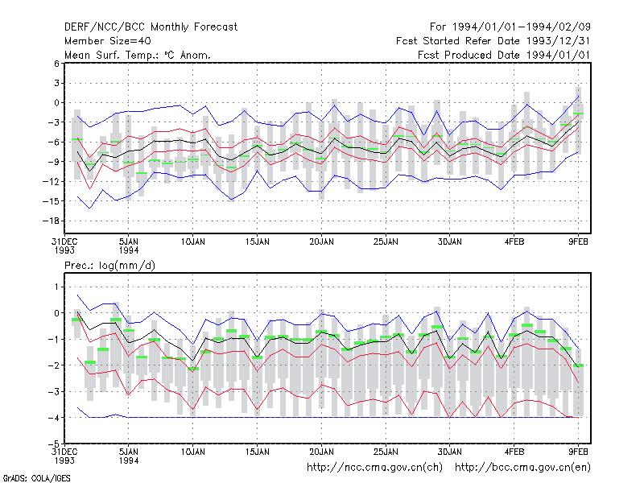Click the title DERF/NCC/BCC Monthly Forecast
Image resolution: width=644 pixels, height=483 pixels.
[x=151, y=27]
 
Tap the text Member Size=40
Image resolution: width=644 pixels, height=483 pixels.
[x=108, y=41]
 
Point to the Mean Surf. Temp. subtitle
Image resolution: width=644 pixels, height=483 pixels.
[x=138, y=55]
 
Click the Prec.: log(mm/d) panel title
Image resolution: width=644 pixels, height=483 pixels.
[x=109, y=266]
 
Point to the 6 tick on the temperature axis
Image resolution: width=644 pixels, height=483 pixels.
[x=56, y=64]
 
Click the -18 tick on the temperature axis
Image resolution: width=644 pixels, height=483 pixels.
[x=52, y=221]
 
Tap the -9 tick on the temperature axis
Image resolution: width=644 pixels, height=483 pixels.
[x=54, y=162]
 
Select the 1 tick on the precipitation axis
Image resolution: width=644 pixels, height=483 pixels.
[x=56, y=287]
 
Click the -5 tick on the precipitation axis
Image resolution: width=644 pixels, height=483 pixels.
[x=54, y=444]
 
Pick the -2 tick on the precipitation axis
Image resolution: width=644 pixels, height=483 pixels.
[x=54, y=365]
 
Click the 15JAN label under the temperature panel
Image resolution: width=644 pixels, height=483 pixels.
[x=258, y=242]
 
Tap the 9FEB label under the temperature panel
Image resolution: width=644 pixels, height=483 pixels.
[x=578, y=242]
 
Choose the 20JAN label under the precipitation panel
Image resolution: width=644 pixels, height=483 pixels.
[x=321, y=452]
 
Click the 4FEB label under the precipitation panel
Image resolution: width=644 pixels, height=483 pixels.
[x=514, y=452]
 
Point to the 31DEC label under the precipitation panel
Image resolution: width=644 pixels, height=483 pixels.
[x=64, y=452]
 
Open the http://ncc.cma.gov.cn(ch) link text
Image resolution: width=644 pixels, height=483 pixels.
[x=374, y=468]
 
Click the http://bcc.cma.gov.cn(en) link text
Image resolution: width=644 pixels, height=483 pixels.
[x=522, y=468]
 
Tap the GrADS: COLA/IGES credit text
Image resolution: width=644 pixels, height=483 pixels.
[x=36, y=478]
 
